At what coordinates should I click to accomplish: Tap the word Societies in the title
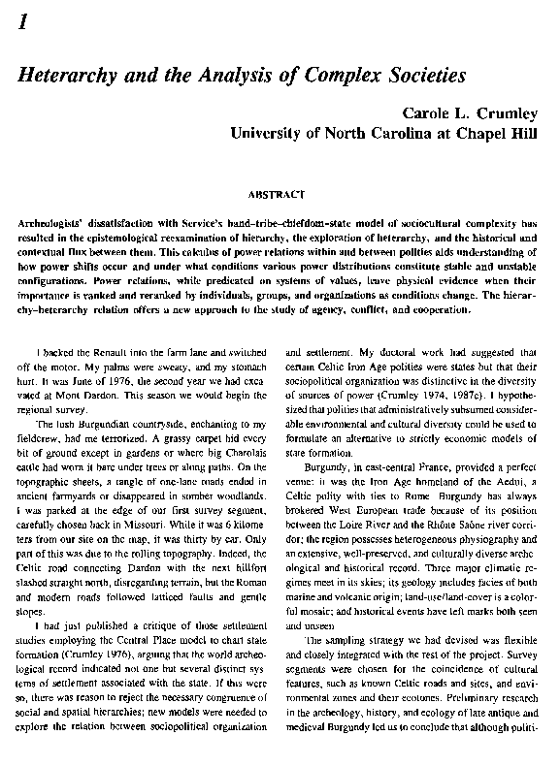(423, 74)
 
